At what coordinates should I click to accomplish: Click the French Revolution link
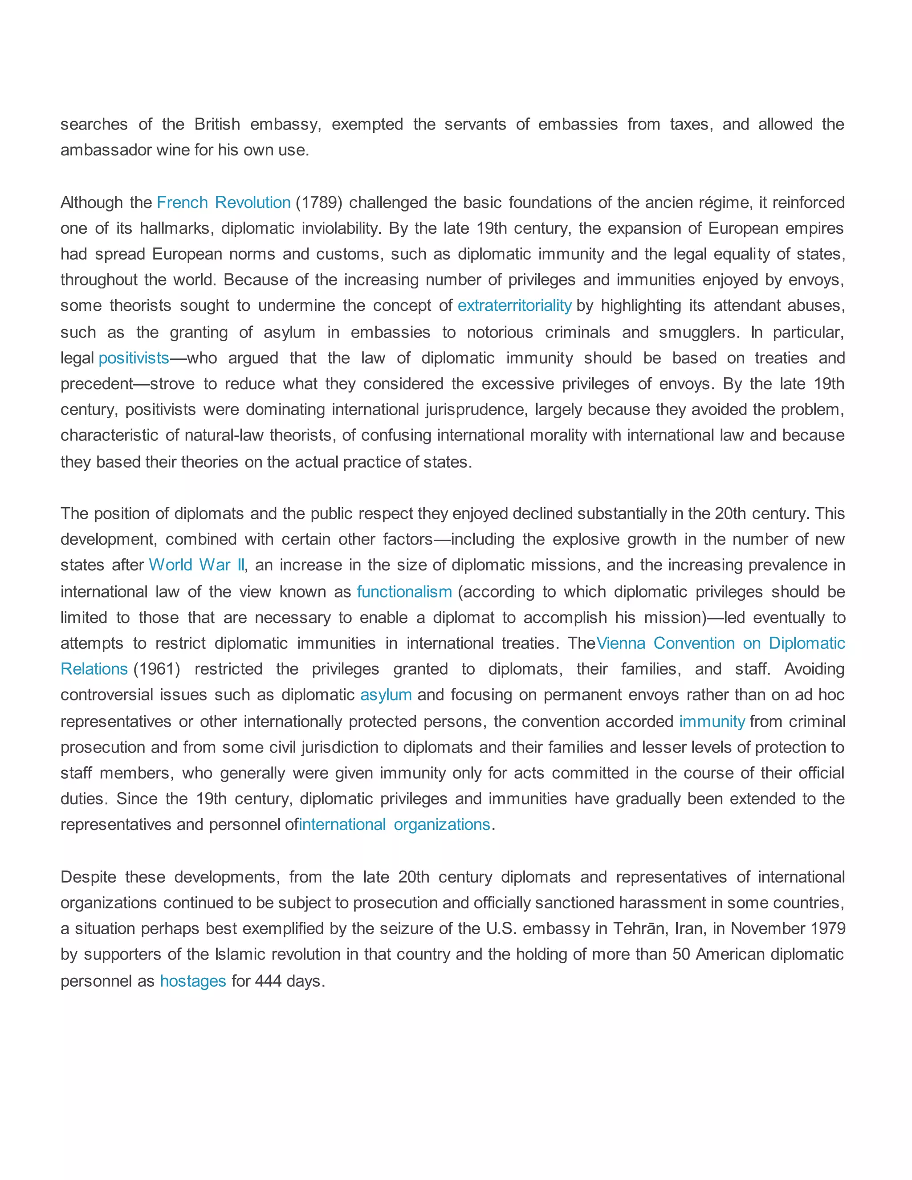[224, 203]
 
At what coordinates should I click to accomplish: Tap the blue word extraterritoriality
[514, 306]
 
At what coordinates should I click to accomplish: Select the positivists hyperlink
[134, 358]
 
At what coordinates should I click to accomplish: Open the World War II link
[197, 565]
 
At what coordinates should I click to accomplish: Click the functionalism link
[404, 592]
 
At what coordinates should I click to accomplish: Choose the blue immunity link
[712, 721]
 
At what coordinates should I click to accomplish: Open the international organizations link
[395, 825]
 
